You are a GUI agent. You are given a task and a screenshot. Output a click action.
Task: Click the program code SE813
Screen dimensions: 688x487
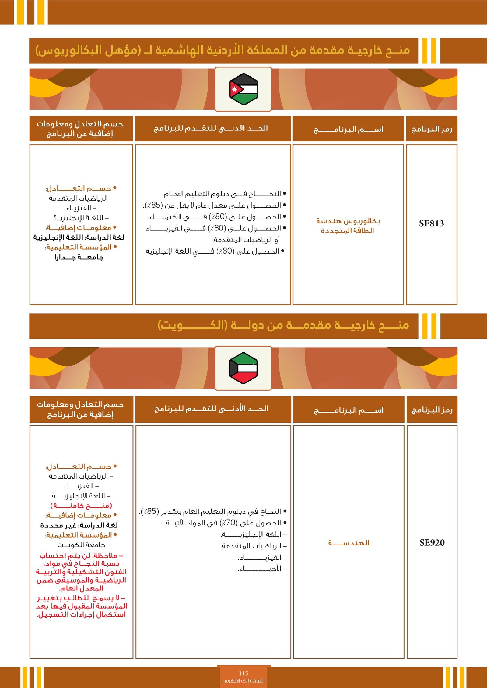point(431,224)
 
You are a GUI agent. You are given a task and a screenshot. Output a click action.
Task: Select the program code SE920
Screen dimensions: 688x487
point(432,543)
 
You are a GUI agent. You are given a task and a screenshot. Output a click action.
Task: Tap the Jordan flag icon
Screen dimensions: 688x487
point(243,89)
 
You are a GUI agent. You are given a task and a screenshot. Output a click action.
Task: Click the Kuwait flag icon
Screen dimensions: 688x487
point(243,368)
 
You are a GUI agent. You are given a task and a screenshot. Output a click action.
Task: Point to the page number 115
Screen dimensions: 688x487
point(243,673)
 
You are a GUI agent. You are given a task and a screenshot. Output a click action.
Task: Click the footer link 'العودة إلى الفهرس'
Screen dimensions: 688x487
point(243,681)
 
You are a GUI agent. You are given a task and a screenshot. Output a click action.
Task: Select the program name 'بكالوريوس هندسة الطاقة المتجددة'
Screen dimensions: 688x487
point(348,226)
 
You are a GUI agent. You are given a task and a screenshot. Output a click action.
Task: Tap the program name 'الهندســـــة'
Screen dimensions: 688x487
point(349,543)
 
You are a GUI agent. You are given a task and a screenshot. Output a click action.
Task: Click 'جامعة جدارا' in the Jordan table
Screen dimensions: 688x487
point(79,258)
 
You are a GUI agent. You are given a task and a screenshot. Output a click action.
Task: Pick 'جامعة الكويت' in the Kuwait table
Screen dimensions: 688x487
point(81,545)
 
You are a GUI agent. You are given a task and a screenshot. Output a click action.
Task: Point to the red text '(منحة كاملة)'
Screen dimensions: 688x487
point(81,506)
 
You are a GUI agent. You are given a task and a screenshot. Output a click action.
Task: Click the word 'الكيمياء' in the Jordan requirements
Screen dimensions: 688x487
point(166,217)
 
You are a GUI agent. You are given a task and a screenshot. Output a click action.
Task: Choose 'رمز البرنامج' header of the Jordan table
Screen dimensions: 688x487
point(432,129)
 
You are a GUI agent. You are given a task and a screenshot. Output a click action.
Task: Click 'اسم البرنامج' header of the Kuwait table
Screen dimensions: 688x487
point(349,410)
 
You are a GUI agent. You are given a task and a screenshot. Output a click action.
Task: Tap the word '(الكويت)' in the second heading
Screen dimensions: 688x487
point(192,325)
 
